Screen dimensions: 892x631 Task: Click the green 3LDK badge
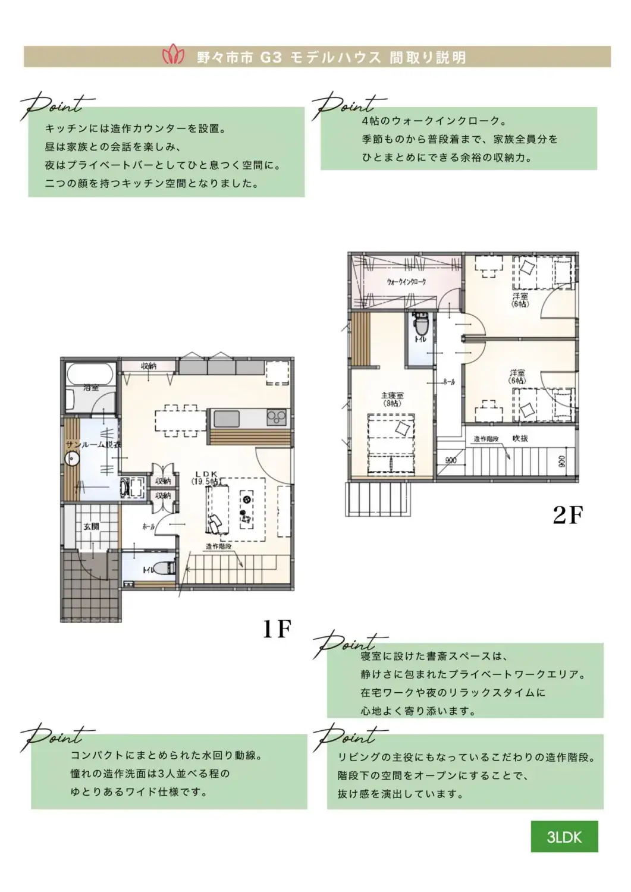(x=564, y=837)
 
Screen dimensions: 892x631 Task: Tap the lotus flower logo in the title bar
(x=174, y=56)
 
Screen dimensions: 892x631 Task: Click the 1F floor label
(x=277, y=629)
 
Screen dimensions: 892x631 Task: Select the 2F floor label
(x=567, y=515)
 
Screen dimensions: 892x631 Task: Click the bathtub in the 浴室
(x=90, y=375)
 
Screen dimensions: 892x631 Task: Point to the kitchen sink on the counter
(x=226, y=419)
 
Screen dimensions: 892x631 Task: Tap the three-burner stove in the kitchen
(x=277, y=417)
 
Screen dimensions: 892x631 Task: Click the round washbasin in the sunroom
(x=73, y=460)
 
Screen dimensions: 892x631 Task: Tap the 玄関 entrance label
(x=91, y=526)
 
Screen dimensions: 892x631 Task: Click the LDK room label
(x=206, y=478)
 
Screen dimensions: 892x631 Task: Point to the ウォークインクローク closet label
(x=406, y=281)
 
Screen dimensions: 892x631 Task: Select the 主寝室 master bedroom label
(x=392, y=398)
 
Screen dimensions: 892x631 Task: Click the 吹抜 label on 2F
(x=520, y=439)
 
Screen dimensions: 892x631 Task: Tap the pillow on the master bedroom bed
(x=403, y=428)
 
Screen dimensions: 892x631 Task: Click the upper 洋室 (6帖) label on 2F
(x=520, y=300)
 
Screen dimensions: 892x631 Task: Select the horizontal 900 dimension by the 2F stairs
(x=451, y=460)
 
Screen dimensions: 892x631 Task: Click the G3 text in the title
(x=271, y=58)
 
